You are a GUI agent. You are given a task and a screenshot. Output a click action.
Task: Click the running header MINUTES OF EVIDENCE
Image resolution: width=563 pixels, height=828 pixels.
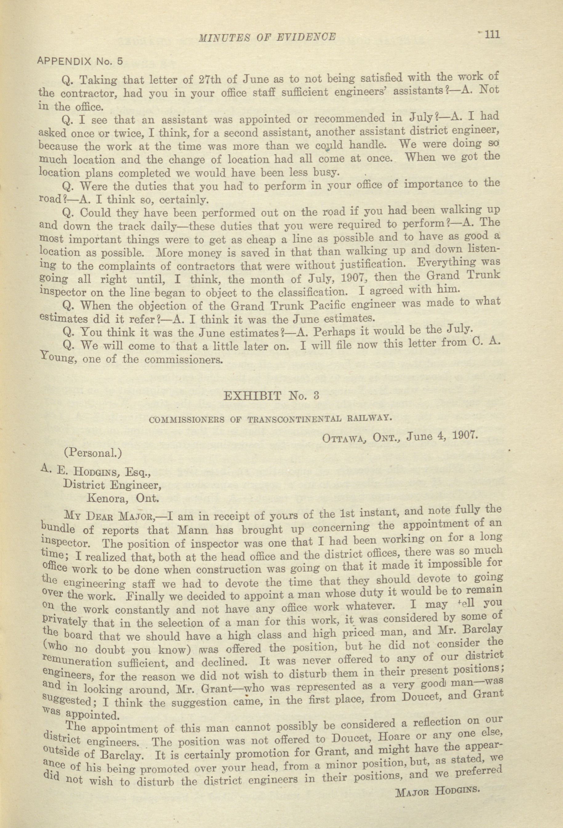pyautogui.click(x=267, y=37)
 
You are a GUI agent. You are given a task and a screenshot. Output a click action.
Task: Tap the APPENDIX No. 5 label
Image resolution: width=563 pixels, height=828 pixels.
pyautogui.click(x=80, y=61)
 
